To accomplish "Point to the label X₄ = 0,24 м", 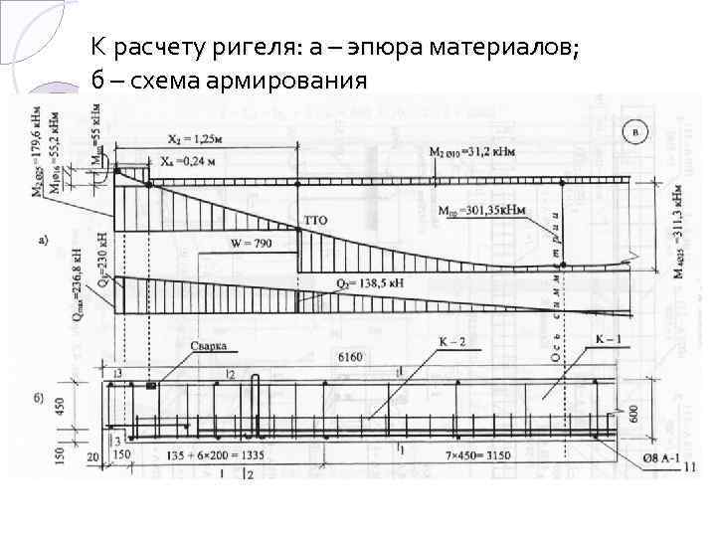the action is pos(191,160).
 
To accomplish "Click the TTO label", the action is pos(314,219).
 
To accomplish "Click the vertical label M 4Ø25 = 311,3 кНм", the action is pos(678,230).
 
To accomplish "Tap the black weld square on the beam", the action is pos(151,385).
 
